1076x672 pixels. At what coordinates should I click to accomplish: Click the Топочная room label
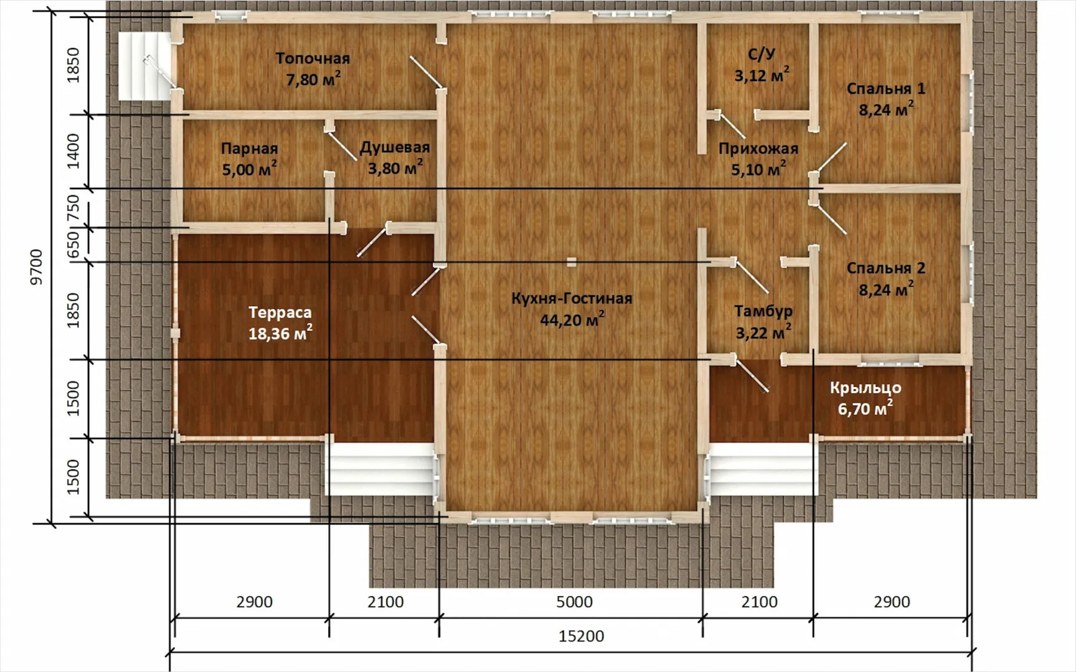(x=313, y=58)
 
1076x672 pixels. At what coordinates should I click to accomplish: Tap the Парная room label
(x=249, y=149)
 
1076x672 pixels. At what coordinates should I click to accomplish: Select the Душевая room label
(x=395, y=147)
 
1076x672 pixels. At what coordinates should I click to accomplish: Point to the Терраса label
(x=280, y=312)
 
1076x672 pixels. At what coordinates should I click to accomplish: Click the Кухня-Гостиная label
(x=572, y=299)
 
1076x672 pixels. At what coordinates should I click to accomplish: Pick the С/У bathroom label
(x=762, y=54)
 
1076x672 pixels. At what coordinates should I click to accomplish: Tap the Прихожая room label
(x=758, y=149)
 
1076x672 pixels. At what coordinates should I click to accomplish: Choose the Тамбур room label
(x=763, y=311)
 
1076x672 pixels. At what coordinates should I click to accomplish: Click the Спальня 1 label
(x=886, y=88)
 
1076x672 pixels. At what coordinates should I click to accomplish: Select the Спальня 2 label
(x=886, y=268)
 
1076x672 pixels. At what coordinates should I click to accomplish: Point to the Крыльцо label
(x=866, y=388)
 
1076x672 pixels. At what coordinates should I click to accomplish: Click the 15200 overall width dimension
(x=581, y=636)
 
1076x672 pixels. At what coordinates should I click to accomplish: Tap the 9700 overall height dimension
(x=37, y=267)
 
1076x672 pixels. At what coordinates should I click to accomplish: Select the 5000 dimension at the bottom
(x=574, y=602)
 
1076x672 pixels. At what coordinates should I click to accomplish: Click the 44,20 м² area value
(x=572, y=319)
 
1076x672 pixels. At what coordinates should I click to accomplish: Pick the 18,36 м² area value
(x=280, y=333)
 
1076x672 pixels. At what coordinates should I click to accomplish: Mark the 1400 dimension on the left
(x=73, y=151)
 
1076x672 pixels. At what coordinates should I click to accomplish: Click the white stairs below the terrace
(x=381, y=470)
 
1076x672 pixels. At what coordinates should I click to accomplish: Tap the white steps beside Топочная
(x=144, y=66)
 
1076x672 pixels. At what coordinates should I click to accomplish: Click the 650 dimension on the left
(x=73, y=244)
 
